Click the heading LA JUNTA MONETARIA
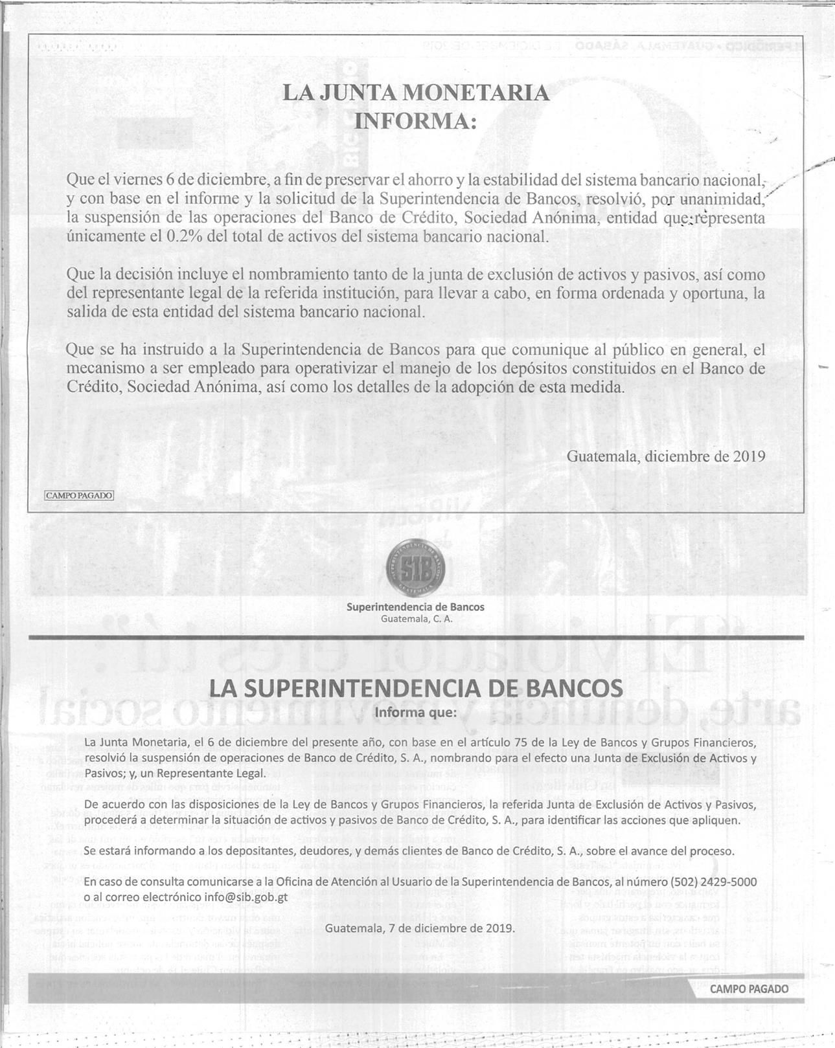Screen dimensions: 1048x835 415,93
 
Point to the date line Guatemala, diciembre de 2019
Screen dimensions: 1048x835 665,456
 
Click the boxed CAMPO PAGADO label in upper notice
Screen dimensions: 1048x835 79,495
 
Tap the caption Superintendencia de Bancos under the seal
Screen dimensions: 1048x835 415,607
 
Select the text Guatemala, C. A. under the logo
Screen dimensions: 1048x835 415,619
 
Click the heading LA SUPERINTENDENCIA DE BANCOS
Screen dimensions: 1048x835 415,688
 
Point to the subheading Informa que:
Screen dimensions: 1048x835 415,713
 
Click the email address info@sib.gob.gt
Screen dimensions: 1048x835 246,897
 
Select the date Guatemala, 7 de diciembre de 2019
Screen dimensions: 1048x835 420,928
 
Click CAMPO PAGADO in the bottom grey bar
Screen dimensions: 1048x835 749,989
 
